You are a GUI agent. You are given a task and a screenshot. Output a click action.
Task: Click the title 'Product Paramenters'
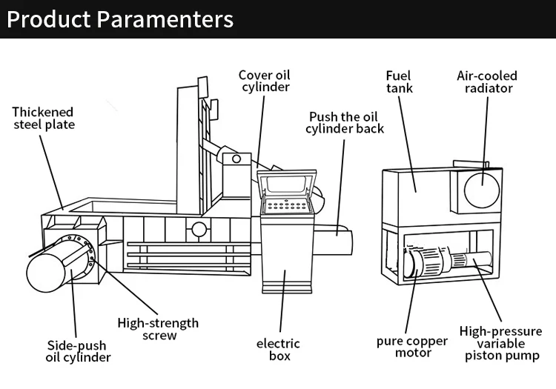[x=120, y=19]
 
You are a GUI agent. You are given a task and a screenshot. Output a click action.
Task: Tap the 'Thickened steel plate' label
[x=43, y=119]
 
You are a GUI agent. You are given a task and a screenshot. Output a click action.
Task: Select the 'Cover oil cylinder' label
[x=265, y=81]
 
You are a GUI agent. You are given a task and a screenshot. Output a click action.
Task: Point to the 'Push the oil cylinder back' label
[x=345, y=122]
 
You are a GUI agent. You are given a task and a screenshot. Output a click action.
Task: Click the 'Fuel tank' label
[x=400, y=82]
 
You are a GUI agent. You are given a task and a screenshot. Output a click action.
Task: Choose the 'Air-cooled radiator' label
[x=487, y=82]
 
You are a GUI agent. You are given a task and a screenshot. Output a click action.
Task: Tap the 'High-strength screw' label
[x=158, y=329]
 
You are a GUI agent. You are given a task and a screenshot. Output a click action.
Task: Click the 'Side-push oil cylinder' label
[x=78, y=351]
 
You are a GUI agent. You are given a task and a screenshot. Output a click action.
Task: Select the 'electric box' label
[x=278, y=349]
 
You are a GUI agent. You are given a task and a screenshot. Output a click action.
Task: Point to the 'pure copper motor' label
[x=412, y=347]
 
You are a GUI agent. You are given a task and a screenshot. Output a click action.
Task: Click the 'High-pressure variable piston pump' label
[x=500, y=343]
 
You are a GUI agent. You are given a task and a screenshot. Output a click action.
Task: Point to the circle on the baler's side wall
[x=199, y=230]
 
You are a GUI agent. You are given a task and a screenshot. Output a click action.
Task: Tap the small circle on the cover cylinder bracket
[x=236, y=159]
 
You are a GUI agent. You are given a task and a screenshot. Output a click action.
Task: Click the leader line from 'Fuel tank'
[x=407, y=144]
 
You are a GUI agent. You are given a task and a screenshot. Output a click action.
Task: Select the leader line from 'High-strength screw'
[x=125, y=287]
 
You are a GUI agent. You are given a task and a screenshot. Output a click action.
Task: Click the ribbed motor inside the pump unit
[x=426, y=262]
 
